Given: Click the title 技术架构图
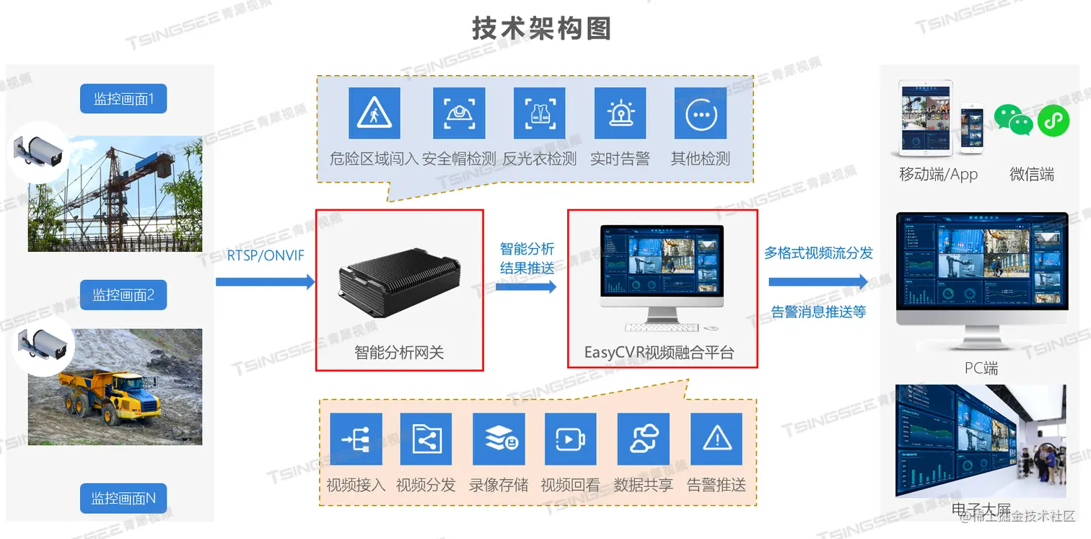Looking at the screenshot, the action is point(541,29).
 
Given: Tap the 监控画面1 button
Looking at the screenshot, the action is point(123,99).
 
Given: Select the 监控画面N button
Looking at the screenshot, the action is point(123,499).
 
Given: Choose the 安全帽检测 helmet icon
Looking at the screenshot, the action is point(459,113).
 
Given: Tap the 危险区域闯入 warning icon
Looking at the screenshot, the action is point(374,113).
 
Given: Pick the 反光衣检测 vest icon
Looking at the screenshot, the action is point(540,113).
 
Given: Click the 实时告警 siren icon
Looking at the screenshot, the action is point(620,113).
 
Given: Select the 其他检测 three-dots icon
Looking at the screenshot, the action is point(701,113).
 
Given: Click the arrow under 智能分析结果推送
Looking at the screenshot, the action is point(527,286).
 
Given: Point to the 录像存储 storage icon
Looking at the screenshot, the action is point(499,439).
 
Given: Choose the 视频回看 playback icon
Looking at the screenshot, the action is point(570,439).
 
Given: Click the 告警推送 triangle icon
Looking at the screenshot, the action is point(717,439).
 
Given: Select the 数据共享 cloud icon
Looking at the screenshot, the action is point(644,439).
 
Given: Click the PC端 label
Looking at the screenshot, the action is point(981,368).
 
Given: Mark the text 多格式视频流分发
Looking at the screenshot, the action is point(818,253).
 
